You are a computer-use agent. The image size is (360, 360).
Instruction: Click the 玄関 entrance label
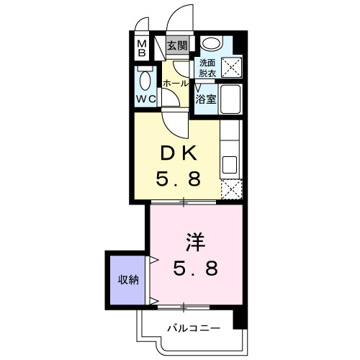coord(177,46)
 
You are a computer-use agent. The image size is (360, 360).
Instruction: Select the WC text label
coord(144,99)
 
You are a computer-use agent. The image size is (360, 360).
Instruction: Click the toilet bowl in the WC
coord(145,80)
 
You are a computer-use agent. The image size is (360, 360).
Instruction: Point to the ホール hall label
coord(176,84)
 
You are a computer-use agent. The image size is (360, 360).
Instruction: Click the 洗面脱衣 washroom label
coord(207,68)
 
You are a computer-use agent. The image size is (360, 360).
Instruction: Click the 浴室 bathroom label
coord(207,100)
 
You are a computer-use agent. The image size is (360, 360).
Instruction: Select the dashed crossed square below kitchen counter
coord(232,189)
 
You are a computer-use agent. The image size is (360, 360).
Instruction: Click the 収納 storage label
coord(129,279)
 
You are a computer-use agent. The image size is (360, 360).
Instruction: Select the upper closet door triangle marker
coord(153,260)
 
